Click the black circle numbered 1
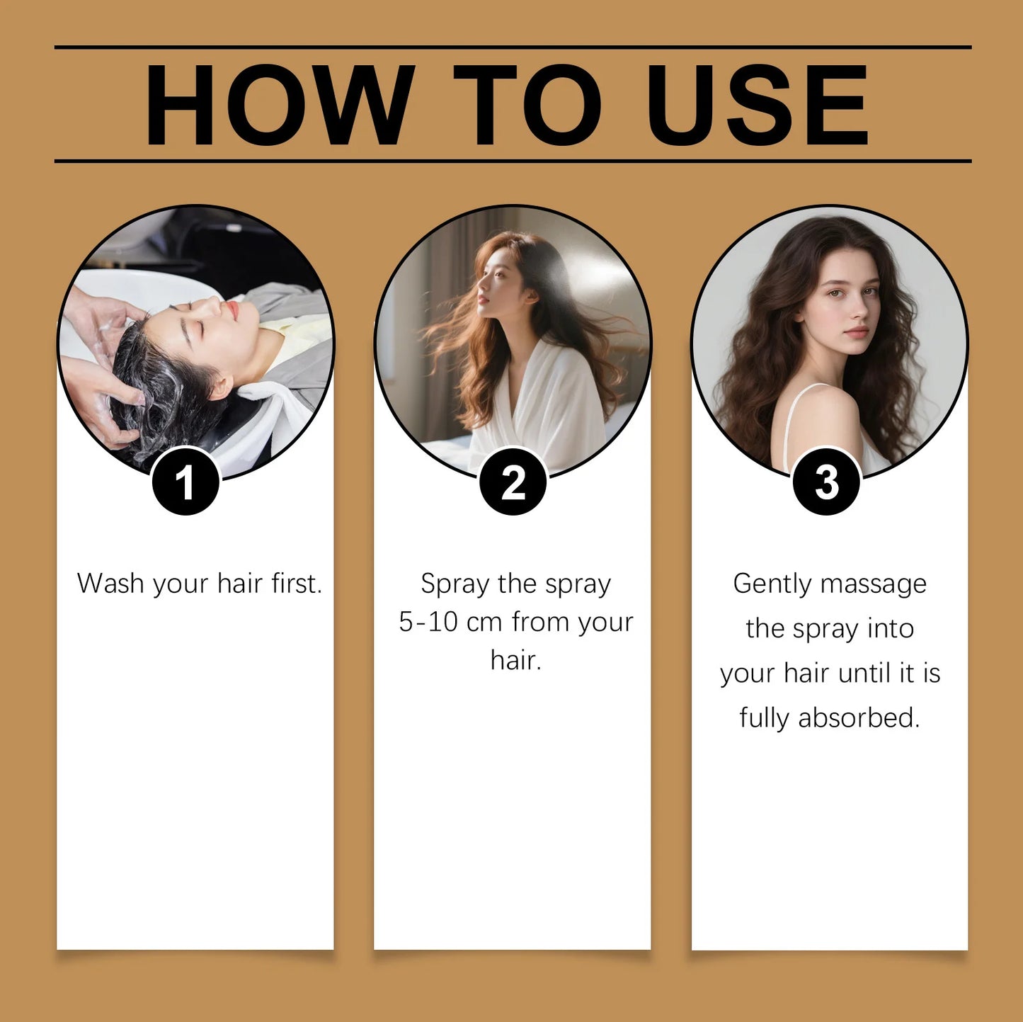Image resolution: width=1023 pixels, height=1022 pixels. coord(185,482)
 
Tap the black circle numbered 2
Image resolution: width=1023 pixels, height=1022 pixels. coord(513,482)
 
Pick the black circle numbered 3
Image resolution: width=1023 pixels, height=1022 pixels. coord(826,482)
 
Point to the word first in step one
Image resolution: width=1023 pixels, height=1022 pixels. coord(297,584)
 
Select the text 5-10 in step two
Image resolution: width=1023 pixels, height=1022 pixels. coord(428,622)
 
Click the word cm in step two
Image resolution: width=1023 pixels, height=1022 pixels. coord(484,622)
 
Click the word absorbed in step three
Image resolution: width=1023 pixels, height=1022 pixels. coord(859,718)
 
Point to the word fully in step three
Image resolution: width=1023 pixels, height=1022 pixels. coord(764,718)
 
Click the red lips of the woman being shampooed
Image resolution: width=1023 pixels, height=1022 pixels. coord(231,310)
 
